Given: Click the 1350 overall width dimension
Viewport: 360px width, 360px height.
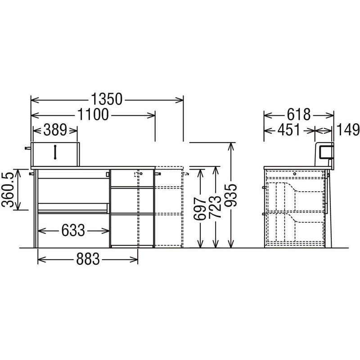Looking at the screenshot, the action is coord(107,99).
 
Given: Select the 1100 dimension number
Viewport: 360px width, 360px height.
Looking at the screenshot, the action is coord(93,115).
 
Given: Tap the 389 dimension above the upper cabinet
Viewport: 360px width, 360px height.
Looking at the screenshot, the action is coord(55,130).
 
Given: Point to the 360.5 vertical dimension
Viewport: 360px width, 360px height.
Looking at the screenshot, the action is coord(8,189).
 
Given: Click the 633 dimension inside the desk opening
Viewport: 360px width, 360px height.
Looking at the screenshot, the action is coord(73,230).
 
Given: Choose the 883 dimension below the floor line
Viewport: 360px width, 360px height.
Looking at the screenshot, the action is coord(88,259).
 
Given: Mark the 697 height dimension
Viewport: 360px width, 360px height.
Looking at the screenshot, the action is coord(200,209).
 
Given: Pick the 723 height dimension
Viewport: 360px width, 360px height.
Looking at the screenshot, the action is coord(215,207).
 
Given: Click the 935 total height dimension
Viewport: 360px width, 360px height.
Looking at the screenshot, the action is coord(230,195).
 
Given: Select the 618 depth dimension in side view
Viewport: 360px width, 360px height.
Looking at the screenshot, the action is coord(299,115).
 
